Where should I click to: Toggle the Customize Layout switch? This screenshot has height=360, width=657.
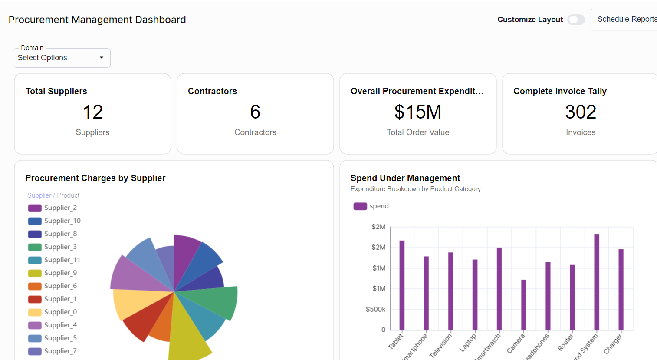[576, 20]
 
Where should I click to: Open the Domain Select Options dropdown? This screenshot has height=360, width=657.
[62, 58]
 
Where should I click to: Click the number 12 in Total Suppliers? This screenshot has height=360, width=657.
[92, 112]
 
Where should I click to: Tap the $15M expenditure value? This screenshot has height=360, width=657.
[417, 112]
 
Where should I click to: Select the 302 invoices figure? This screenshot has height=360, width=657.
[580, 112]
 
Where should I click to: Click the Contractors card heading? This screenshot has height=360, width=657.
[212, 91]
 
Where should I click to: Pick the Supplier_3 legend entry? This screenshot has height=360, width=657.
[60, 247]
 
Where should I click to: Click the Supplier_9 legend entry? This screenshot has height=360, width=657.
[60, 273]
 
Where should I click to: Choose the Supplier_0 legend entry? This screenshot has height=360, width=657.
[60, 312]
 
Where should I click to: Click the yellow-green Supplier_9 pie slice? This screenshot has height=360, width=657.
[187, 334]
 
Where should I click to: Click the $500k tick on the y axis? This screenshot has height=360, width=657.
[375, 309]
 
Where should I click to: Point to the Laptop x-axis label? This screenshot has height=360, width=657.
[468, 342]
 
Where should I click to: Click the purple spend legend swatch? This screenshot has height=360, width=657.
[360, 206]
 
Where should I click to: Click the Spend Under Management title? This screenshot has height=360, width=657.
[405, 178]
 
